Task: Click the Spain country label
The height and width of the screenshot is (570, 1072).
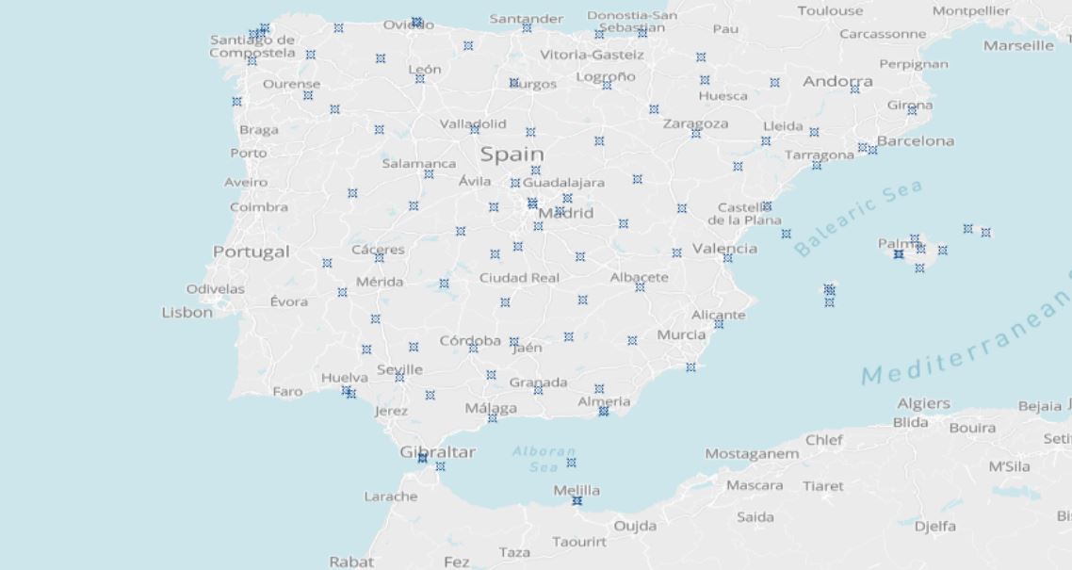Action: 512,154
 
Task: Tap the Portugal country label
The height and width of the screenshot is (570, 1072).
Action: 251,252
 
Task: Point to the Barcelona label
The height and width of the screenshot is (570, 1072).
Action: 915,141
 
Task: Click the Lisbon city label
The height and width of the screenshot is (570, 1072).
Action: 187,313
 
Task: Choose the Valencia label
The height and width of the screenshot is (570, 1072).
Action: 724,249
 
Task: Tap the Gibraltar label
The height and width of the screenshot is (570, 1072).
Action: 438,452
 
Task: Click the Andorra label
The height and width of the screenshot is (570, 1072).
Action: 837,82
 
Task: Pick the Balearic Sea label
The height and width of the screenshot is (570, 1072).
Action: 857,220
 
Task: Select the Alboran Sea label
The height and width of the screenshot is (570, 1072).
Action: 544,459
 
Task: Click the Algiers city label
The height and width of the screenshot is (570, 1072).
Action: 923,403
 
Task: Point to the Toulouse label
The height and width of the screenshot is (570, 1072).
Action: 830,10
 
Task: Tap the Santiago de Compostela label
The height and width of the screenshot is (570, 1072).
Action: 252,46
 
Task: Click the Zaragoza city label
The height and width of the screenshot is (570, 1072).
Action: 695,123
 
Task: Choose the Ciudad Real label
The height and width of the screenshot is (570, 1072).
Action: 519,278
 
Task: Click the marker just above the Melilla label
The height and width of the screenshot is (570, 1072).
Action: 571,463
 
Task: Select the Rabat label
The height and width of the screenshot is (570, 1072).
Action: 351,562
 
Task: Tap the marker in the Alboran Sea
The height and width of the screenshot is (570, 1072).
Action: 571,463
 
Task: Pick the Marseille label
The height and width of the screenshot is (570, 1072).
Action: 1018,45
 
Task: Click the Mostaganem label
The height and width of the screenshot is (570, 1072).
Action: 752,454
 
